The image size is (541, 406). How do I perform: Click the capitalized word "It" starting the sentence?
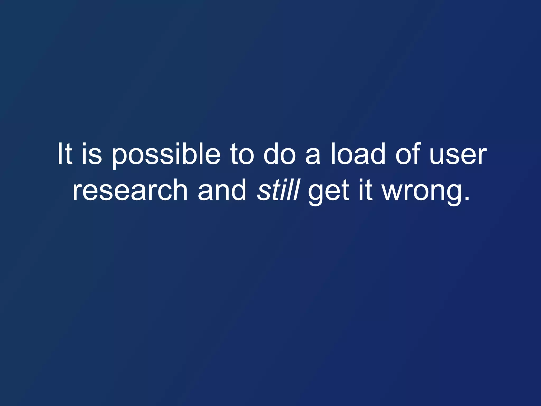click(x=64, y=154)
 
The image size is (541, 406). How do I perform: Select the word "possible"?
click(x=166, y=156)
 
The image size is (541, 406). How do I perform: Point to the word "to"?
click(x=242, y=154)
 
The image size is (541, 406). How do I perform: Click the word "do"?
click(x=279, y=154)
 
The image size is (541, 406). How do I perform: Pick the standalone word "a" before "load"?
click(x=313, y=156)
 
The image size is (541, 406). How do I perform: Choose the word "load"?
click(x=358, y=154)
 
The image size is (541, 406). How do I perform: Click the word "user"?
click(x=458, y=156)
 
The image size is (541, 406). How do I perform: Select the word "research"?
click(x=130, y=190)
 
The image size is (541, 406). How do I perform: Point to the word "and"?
click(x=222, y=190)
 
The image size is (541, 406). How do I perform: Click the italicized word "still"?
click(x=278, y=190)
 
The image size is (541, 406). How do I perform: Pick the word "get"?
click(x=329, y=192)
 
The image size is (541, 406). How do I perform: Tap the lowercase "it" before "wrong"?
click(x=365, y=190)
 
